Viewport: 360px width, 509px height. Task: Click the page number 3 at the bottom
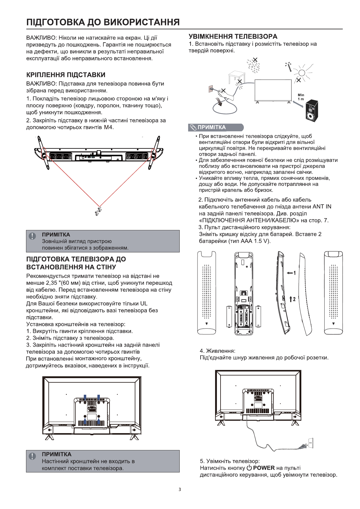180,490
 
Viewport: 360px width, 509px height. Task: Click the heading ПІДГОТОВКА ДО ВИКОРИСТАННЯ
103,22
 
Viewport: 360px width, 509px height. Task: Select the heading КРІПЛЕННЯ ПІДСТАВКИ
66,75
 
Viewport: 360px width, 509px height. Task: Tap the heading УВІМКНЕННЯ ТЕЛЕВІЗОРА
233,37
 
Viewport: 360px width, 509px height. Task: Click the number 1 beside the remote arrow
294,273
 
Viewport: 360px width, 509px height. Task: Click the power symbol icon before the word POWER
249,468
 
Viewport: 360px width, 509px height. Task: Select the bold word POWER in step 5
264,468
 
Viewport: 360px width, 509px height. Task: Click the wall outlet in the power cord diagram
310,443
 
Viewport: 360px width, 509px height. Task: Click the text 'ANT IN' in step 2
322,207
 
